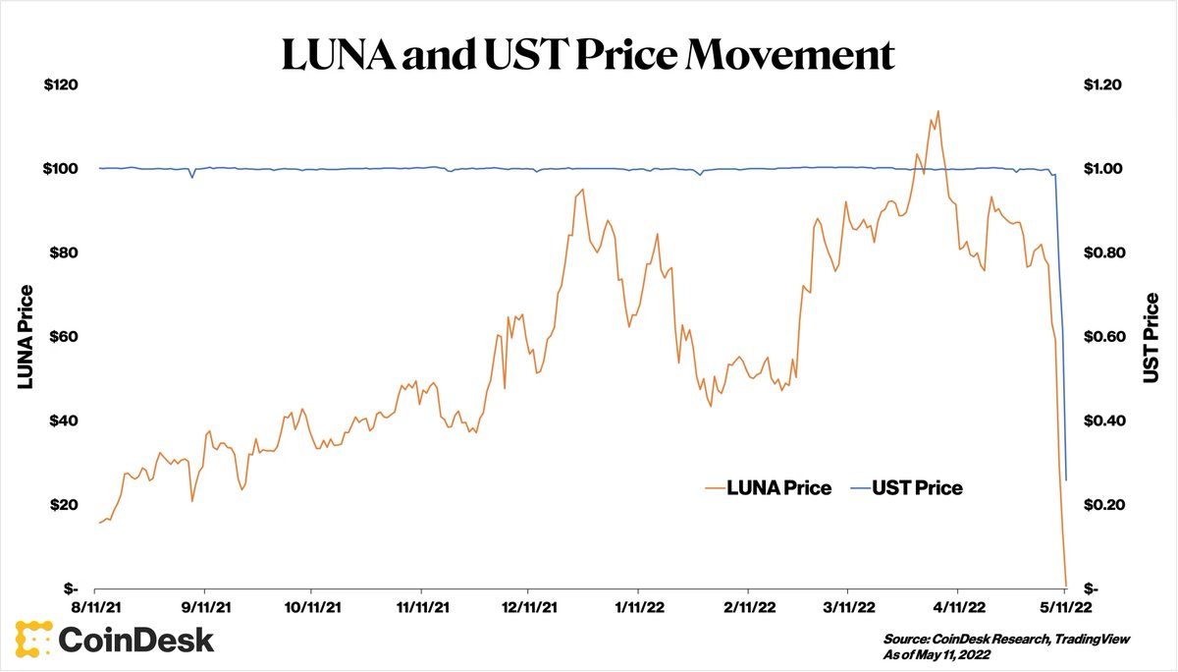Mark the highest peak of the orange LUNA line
click(938, 111)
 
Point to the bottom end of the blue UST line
click(1066, 479)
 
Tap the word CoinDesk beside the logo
click(136, 641)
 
